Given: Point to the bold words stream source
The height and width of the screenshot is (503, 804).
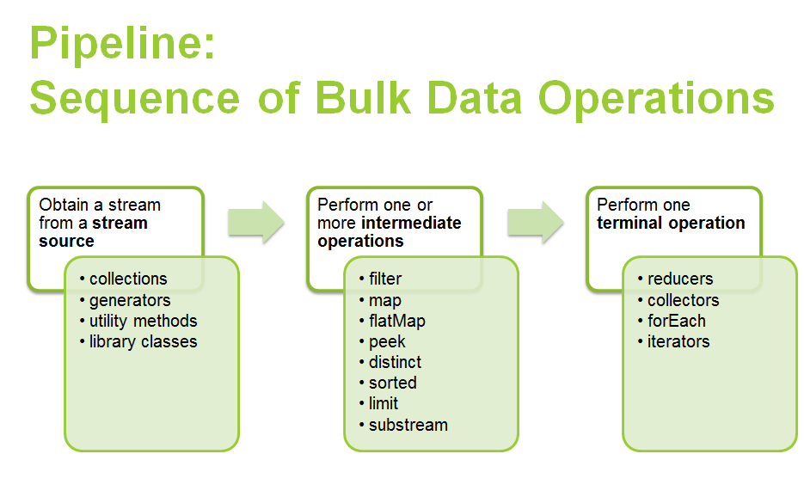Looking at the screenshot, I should (94, 232).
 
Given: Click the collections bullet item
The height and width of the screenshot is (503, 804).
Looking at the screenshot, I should (128, 279).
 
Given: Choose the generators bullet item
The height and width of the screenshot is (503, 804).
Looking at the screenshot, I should (130, 300).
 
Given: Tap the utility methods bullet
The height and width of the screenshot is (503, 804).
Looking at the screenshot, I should (143, 321).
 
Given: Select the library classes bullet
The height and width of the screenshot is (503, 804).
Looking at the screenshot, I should (143, 341).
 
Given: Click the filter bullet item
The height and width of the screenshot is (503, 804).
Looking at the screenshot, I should (385, 279).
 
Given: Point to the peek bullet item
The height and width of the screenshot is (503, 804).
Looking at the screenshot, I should (387, 341).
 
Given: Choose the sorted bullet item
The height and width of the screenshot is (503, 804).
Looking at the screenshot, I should (393, 383).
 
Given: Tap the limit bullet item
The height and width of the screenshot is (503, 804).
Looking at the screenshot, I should (384, 403).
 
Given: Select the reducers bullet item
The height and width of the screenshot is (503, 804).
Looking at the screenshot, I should (680, 279).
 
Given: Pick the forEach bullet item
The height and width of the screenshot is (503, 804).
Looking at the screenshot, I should (677, 321).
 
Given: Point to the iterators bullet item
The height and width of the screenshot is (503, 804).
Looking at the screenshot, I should (678, 341).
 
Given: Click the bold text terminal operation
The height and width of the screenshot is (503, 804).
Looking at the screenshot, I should (671, 223).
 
